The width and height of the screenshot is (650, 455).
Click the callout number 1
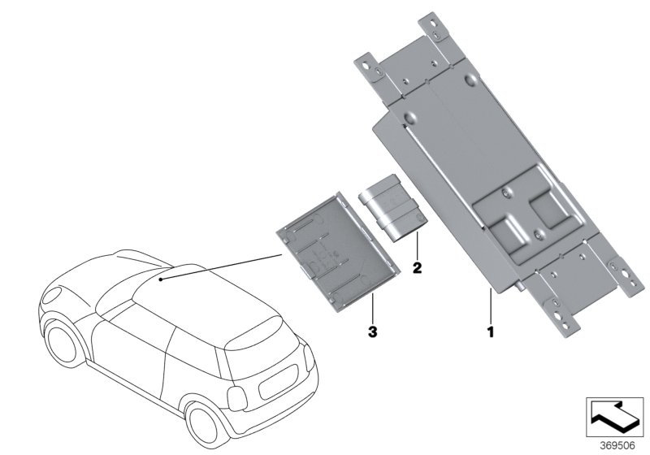tap(491, 331)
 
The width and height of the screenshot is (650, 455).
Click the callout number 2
tap(417, 267)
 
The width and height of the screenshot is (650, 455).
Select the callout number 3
tap(373, 331)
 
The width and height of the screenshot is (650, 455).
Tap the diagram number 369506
tap(617, 445)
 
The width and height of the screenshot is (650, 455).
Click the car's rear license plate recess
tap(278, 382)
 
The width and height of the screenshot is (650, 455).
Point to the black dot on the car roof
tap(160, 279)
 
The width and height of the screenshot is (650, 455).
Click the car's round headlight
tap(51, 294)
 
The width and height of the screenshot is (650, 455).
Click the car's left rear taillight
tap(237, 399)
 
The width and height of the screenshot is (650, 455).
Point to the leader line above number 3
tap(373, 308)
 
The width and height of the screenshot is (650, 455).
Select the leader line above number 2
tap(417, 246)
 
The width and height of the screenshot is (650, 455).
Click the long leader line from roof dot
tap(221, 266)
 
